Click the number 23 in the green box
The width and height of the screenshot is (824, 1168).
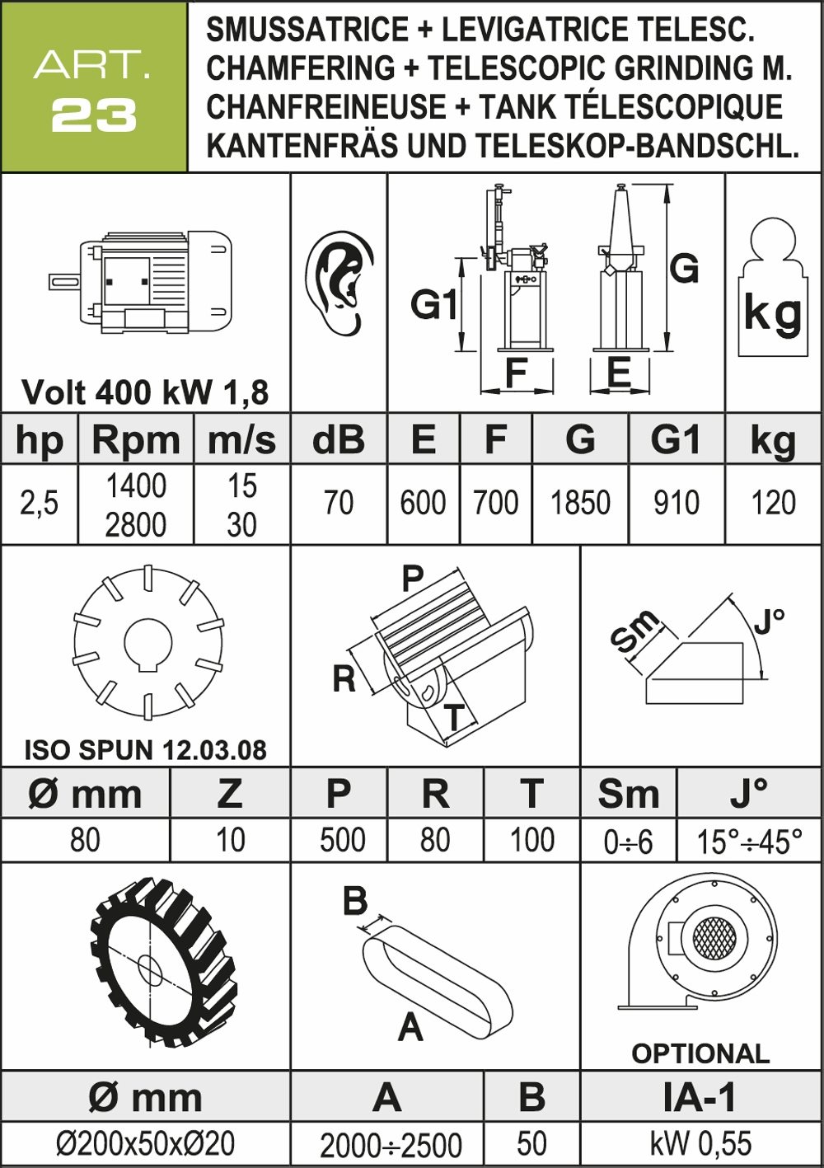[x=94, y=115]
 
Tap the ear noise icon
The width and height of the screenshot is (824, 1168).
[x=339, y=283]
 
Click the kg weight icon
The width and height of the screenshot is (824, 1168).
[x=772, y=288]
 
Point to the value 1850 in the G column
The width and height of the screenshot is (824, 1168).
[x=580, y=503]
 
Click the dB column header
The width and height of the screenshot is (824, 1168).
[x=338, y=439]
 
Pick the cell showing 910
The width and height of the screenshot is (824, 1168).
[x=676, y=503]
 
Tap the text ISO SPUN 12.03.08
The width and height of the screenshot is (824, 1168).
[x=145, y=750]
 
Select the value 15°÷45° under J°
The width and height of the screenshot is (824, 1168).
[x=750, y=841]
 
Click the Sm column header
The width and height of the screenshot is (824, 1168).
[x=629, y=794]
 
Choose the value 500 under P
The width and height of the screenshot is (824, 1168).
[x=343, y=840]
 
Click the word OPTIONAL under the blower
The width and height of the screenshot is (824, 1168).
[x=700, y=1053]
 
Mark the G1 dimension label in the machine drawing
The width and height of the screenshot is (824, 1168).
[x=433, y=304]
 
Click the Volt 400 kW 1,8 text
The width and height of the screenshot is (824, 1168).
[x=145, y=392]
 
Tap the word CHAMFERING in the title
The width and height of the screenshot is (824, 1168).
[x=301, y=68]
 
